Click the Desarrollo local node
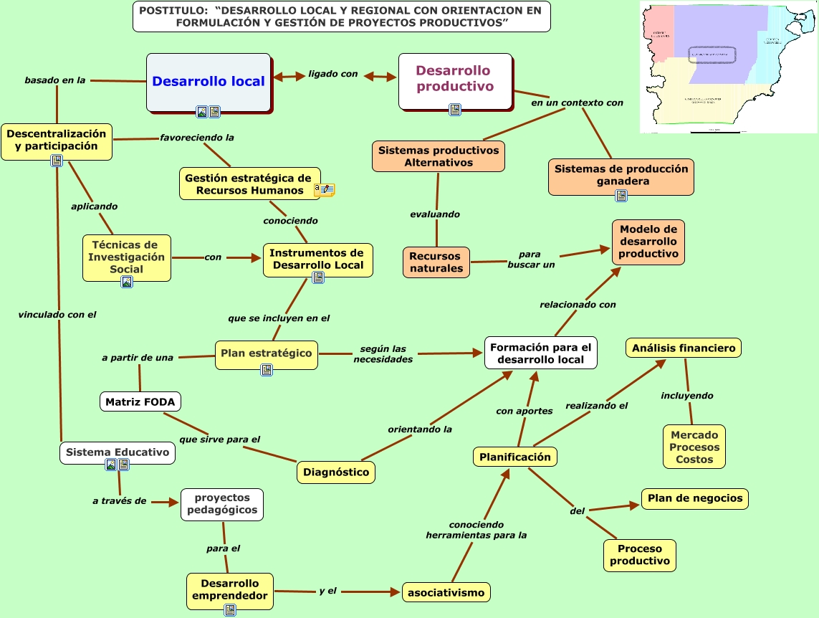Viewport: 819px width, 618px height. [x=209, y=82]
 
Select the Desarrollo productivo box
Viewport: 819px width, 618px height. [x=455, y=78]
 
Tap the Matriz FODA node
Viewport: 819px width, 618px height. [x=140, y=401]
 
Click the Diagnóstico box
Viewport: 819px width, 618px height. [x=336, y=472]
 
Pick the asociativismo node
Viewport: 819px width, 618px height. [x=446, y=592]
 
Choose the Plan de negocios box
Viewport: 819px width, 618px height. [x=694, y=498]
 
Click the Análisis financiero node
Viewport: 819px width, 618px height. [x=684, y=348]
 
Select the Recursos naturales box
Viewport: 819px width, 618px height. [x=436, y=262]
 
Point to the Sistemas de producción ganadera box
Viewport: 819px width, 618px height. [x=621, y=175]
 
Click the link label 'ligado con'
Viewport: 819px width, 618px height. [x=332, y=74]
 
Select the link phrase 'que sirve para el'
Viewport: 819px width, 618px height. [x=219, y=439]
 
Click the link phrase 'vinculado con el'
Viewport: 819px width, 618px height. [x=57, y=314]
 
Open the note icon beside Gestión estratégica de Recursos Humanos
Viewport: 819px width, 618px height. [x=324, y=189]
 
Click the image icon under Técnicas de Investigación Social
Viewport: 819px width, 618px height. [x=127, y=282]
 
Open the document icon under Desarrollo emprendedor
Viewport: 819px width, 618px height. [x=230, y=610]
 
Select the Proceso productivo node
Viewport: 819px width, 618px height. [x=640, y=555]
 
